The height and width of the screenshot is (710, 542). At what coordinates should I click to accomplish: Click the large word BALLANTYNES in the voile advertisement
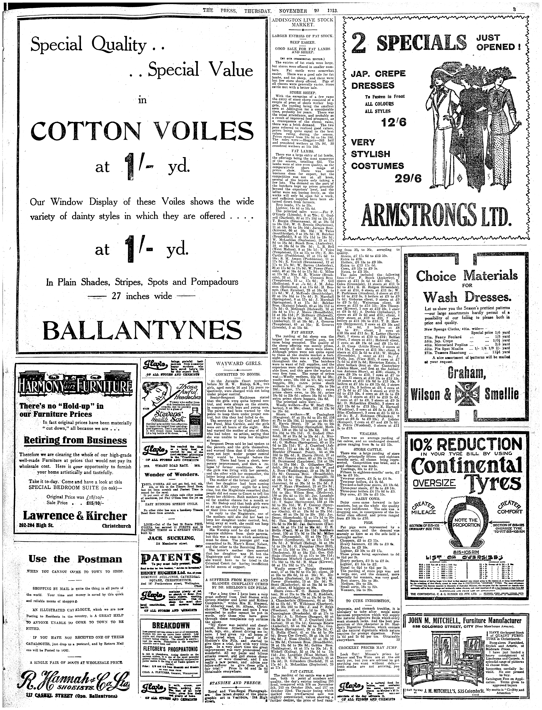coord(142,329)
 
